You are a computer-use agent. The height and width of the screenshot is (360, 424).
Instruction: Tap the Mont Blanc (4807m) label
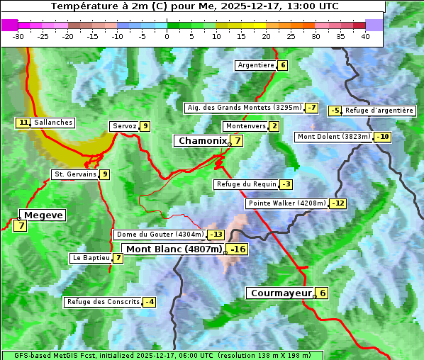click(174, 249)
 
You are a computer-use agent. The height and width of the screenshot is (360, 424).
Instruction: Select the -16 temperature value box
click(238, 249)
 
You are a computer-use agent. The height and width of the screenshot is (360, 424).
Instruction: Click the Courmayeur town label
click(281, 293)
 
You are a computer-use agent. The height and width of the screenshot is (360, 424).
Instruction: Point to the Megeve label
click(43, 215)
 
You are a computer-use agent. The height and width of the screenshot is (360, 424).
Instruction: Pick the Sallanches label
click(53, 123)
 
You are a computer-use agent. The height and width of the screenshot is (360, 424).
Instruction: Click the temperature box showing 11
click(23, 123)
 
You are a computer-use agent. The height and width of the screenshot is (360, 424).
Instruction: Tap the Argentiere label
click(256, 65)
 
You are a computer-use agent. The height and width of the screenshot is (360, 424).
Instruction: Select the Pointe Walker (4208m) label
click(287, 203)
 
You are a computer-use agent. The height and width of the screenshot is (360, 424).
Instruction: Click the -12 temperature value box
click(338, 203)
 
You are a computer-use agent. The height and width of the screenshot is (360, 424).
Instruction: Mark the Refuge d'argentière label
click(379, 111)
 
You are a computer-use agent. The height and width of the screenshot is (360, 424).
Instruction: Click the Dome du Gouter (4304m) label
click(160, 235)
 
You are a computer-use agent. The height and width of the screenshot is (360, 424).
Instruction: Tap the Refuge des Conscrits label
click(103, 302)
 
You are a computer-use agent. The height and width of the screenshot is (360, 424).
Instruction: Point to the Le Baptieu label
click(91, 258)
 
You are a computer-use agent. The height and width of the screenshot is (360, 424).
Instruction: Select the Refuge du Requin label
click(246, 184)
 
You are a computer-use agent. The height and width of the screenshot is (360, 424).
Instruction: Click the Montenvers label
click(245, 126)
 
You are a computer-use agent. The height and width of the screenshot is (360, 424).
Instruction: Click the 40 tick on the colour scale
click(365, 36)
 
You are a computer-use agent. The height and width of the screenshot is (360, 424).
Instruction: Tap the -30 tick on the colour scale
click(18, 36)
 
